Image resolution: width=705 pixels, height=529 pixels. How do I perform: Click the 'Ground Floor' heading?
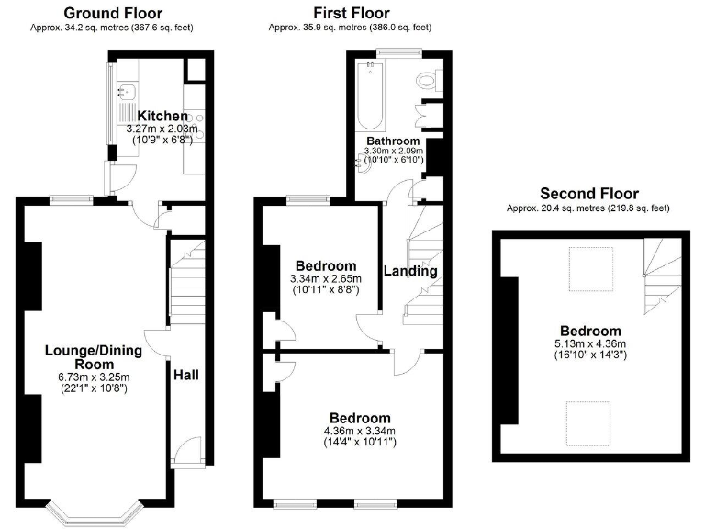(115, 13)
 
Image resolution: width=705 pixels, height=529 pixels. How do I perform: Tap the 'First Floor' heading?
(351, 13)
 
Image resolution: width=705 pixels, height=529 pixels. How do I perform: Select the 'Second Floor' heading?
(588, 193)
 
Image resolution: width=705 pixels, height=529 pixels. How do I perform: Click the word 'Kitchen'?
(162, 117)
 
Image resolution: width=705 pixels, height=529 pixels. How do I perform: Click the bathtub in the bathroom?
(371, 96)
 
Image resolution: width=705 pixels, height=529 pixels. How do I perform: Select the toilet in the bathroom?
(427, 82)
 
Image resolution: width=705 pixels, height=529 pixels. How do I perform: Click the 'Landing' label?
(409, 271)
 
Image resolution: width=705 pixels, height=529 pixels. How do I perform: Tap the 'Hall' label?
(186, 375)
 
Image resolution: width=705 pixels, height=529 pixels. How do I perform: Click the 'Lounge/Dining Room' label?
(88, 356)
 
